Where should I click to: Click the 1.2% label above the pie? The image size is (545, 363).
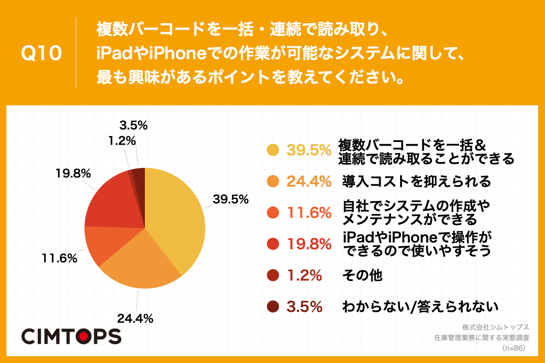click(x=122, y=141)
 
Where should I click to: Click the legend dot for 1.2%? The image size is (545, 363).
click(x=272, y=275)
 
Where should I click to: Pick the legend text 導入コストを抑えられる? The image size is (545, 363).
click(x=416, y=181)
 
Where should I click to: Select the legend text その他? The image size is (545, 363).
click(x=362, y=275)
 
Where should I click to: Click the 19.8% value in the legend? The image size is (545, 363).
click(x=308, y=244)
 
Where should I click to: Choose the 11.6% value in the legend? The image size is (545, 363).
click(x=308, y=213)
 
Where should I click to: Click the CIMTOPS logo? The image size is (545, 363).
click(x=71, y=336)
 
